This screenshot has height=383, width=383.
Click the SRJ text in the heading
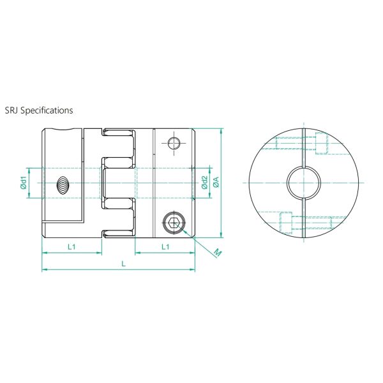pos(11,110)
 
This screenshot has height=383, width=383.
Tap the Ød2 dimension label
pos(204,183)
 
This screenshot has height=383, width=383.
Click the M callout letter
pos(217,253)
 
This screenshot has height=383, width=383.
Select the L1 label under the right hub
pos(165,246)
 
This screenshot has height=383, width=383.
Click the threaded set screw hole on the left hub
pos(63,185)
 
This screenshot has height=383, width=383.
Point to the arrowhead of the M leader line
pos(186,232)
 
